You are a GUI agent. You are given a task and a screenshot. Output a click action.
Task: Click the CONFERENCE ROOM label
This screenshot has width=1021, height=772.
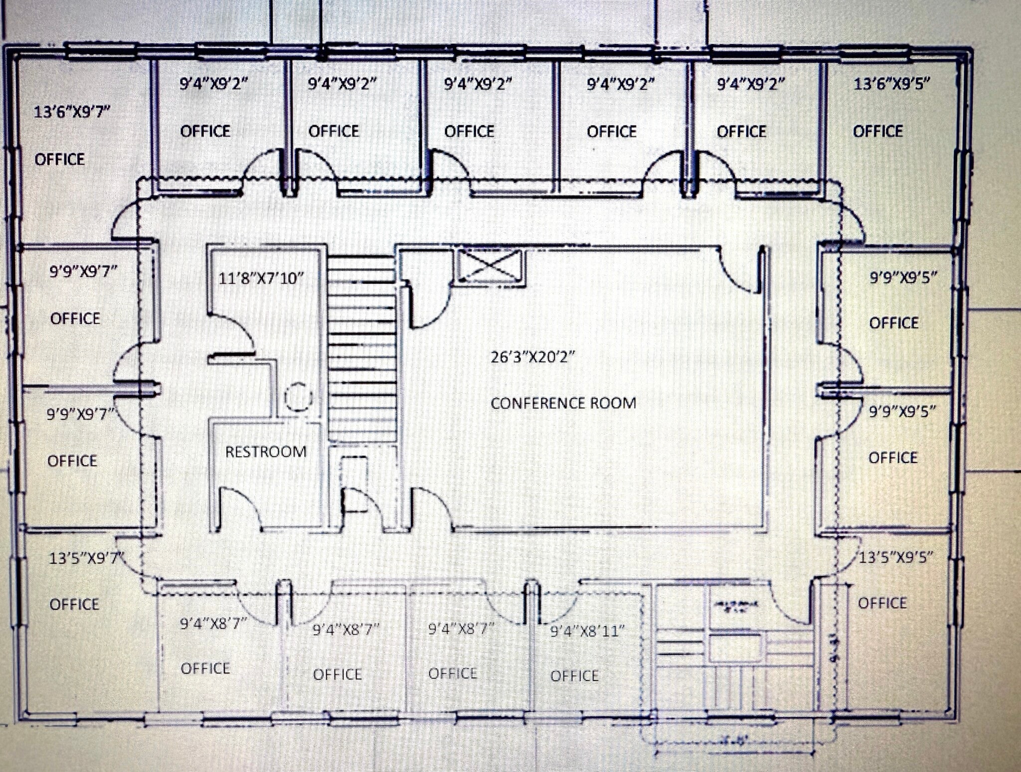563,403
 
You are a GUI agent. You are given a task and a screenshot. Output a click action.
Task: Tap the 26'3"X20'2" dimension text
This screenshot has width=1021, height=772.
532,357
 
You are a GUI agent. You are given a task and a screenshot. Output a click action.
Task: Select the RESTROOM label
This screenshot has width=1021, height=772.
265,452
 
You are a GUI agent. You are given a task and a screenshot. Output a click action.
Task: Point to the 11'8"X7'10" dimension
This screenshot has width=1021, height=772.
261,278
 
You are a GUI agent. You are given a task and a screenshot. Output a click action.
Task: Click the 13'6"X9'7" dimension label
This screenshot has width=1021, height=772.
71,112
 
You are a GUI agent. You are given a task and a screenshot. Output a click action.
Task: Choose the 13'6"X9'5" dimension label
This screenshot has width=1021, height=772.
891,84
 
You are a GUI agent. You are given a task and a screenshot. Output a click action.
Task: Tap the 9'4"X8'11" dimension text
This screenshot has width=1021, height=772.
587,631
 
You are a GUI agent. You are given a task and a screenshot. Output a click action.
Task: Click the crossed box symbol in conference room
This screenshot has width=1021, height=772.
489,267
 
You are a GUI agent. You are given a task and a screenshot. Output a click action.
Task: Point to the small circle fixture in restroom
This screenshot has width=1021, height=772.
298,397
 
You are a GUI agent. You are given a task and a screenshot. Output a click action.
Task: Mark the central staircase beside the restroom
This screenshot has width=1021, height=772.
362,349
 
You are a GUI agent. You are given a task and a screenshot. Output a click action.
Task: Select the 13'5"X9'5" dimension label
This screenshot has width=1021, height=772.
895,557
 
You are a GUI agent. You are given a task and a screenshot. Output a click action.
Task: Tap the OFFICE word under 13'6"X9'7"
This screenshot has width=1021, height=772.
59,159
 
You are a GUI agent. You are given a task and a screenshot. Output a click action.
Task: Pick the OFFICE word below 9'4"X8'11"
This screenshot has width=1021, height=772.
574,676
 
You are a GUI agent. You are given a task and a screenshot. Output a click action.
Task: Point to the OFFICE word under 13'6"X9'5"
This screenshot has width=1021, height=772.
877,131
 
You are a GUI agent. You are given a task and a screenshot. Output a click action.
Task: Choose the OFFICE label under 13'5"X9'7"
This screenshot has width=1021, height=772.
74,604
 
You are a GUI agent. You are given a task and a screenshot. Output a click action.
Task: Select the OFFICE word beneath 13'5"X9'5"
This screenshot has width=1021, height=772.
882,603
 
